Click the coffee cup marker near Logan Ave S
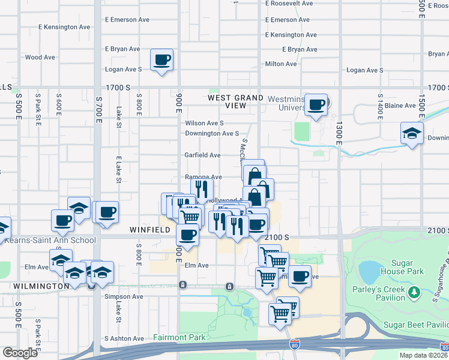(161, 60)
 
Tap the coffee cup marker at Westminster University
(316, 105)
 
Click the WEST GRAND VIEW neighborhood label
(236, 101)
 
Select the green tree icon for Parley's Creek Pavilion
(414, 292)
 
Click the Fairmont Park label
(179, 337)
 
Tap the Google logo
(19, 353)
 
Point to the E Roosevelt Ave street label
(289, 3)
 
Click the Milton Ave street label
(281, 64)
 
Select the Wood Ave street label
(40, 58)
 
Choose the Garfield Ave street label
(202, 155)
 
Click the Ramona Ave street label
(203, 177)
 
